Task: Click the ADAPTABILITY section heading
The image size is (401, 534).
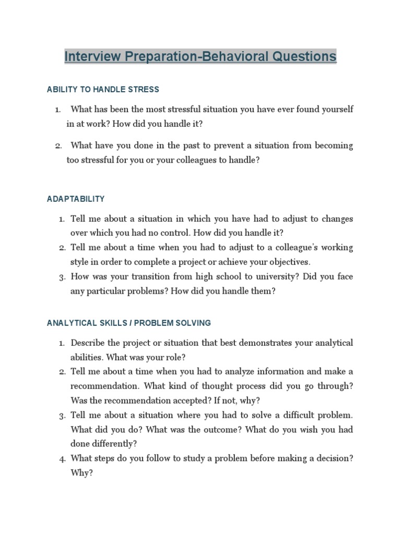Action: pos(76,199)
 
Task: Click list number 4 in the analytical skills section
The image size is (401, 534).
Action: pos(61,459)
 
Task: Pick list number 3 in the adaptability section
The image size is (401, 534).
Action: pos(61,277)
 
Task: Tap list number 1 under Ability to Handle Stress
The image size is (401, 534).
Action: pos(57,110)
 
